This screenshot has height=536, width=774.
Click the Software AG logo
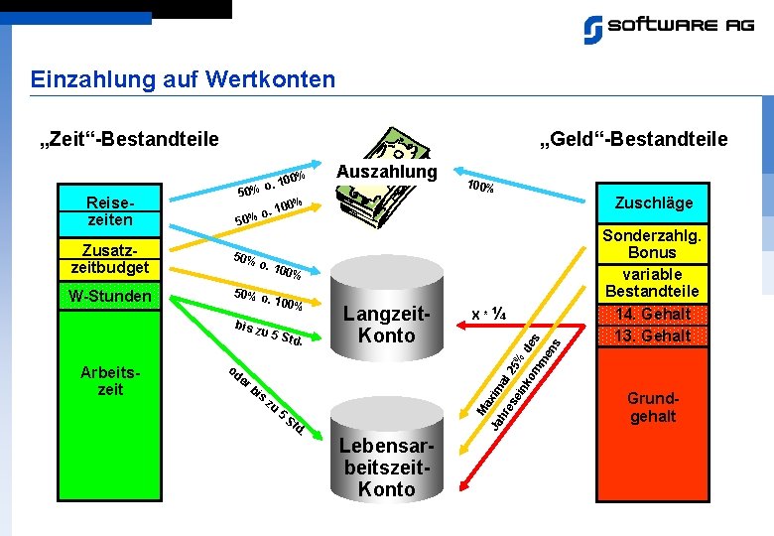coord(668,28)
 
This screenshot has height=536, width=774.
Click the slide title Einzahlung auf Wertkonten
coord(183,78)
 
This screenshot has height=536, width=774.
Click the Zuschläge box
coord(653,203)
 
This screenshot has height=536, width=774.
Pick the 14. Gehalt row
coord(653,315)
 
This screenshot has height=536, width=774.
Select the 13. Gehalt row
coord(653,335)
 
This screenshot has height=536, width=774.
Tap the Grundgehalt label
coord(653,407)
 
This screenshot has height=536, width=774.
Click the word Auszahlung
coord(387,172)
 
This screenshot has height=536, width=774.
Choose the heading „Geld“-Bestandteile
coord(633,139)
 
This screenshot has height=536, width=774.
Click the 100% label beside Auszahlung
coord(480,186)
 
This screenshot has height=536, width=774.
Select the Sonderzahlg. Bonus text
coord(653,244)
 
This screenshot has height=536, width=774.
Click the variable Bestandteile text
coord(653,283)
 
